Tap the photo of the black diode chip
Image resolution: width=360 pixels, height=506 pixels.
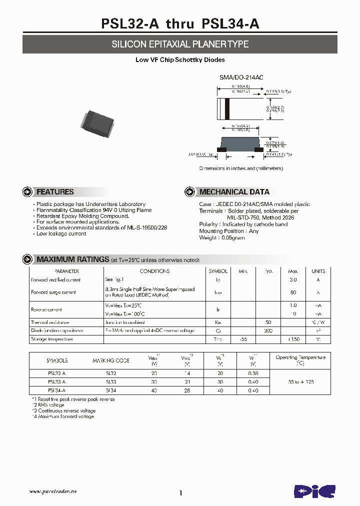tap(96, 122)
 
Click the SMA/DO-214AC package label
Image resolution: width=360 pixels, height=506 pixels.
tap(241, 77)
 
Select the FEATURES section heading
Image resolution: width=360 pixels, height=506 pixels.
tap(55, 192)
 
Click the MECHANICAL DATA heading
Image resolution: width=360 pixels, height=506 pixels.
tap(234, 192)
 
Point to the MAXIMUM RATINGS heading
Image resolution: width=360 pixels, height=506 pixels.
tap(72, 259)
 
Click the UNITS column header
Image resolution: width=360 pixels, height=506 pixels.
tap(318, 271)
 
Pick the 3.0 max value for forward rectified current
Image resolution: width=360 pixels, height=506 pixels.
tap(293, 280)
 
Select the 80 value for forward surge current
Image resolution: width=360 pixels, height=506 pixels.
tap(293, 292)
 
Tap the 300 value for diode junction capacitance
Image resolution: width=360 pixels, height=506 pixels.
tap(268, 331)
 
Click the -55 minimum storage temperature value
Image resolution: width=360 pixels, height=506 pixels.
tap(243, 339)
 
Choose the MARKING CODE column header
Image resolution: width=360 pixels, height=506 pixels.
tap(110, 360)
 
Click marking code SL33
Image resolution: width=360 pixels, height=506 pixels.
tap(110, 382)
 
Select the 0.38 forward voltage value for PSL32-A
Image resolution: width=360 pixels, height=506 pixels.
tap(253, 373)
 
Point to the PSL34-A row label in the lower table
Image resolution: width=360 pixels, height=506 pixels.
tap(57, 390)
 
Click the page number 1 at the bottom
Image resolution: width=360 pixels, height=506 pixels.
tap(180, 493)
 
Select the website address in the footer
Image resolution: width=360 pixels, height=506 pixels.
tap(52, 491)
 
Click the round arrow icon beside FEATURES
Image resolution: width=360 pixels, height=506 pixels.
tap(27, 192)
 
